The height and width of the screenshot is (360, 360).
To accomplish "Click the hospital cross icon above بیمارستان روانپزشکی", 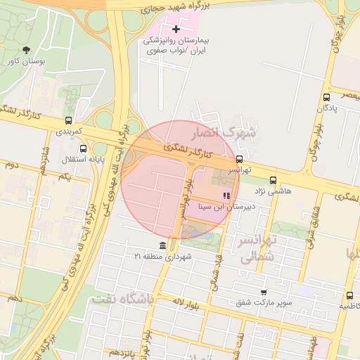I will pyautogui.click(x=176, y=29).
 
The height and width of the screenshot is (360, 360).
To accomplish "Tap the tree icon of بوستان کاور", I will pyautogui.click(x=27, y=50).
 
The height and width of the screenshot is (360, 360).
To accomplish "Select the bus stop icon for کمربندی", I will pyautogui.click(x=68, y=120).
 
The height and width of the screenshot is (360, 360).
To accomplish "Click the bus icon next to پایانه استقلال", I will pyautogui.click(x=84, y=148).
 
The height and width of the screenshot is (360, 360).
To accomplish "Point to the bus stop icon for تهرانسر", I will pyautogui.click(x=240, y=159).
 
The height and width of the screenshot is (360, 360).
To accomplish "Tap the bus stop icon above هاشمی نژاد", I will pyautogui.click(x=274, y=179).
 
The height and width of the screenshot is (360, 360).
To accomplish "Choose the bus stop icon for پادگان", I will pyautogui.click(x=326, y=97).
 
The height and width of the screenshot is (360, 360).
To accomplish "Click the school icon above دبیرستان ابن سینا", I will pyautogui.click(x=226, y=195).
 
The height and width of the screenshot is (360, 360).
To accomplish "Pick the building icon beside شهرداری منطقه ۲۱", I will pyautogui.click(x=163, y=245).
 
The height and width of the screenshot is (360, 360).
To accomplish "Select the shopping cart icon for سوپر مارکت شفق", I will pyautogui.click(x=264, y=292).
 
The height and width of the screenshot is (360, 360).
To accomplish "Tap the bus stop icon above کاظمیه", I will pyautogui.click(x=349, y=295).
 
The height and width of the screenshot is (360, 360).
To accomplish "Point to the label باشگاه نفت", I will pyautogui.click(x=122, y=299).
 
